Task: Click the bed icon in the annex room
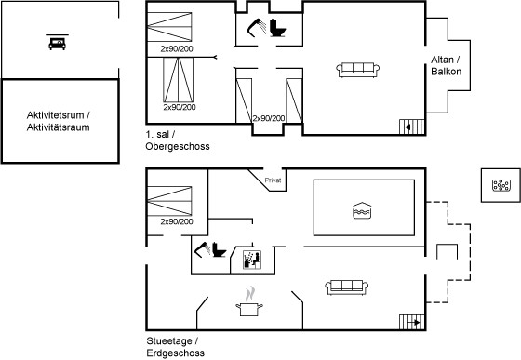click(x=57, y=42)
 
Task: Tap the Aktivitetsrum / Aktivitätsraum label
click(x=58, y=121)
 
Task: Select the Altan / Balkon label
click(x=446, y=65)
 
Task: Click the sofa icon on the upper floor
click(x=358, y=70)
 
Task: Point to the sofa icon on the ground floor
click(x=346, y=287)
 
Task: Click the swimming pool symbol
click(x=362, y=210)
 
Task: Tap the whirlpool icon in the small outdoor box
click(x=501, y=186)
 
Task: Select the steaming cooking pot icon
click(x=249, y=301)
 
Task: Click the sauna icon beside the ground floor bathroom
click(x=252, y=260)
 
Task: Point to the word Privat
click(x=273, y=180)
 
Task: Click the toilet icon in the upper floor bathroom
click(x=277, y=28)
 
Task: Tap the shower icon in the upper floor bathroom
click(x=257, y=28)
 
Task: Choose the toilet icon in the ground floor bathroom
click(x=219, y=249)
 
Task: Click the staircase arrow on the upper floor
click(x=410, y=127)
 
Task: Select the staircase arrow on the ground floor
click(x=414, y=322)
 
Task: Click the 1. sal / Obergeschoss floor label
click(x=178, y=140)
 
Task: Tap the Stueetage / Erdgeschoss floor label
click(x=176, y=347)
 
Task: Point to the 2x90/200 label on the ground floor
click(x=177, y=221)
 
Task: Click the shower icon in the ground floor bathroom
click(x=203, y=249)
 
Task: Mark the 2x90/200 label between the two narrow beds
click(x=269, y=118)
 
